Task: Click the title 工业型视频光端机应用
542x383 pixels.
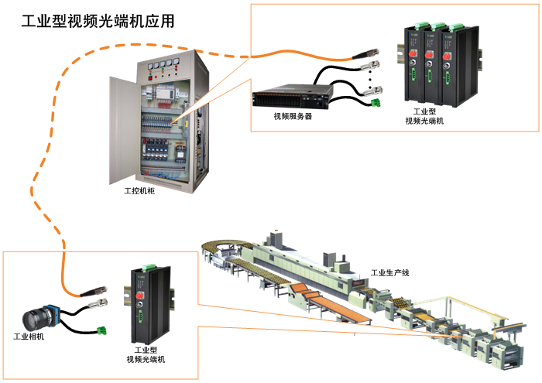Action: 98,21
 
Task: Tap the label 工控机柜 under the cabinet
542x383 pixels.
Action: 139,190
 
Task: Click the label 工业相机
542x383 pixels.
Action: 29,337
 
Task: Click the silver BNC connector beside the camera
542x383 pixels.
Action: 100,303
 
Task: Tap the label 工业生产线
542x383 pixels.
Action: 389,272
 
